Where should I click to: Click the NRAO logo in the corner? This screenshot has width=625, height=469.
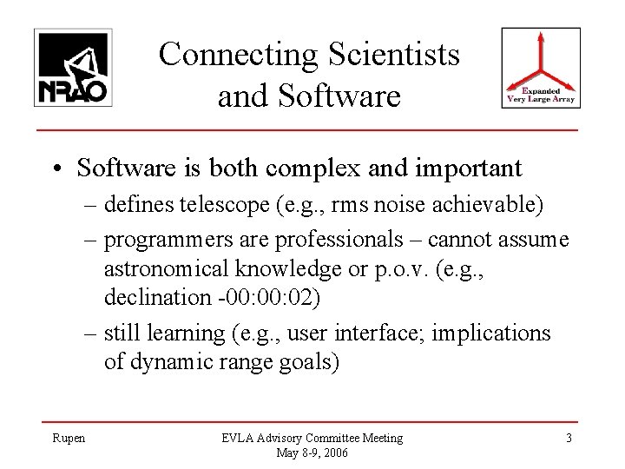pos(71,67)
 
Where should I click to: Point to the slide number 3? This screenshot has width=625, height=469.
pos(569,438)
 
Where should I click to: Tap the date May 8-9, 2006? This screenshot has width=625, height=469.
pos(312,452)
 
